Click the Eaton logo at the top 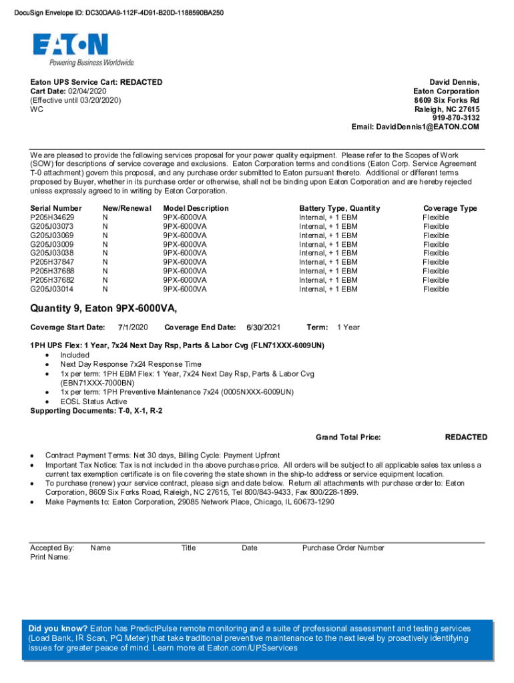point(70,45)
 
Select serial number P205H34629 point(52,217)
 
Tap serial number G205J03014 point(52,289)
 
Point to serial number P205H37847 point(52,262)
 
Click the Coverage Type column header point(450,208)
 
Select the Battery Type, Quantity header point(339,208)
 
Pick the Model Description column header point(196,208)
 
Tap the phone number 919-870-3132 point(456,118)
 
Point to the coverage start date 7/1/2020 point(132,327)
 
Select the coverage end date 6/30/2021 point(263,327)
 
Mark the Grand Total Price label point(348,438)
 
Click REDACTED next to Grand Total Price point(466,438)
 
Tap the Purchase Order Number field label point(343,548)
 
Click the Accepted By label point(52,548)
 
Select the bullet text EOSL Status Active point(93,402)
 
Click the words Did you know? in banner point(58,629)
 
